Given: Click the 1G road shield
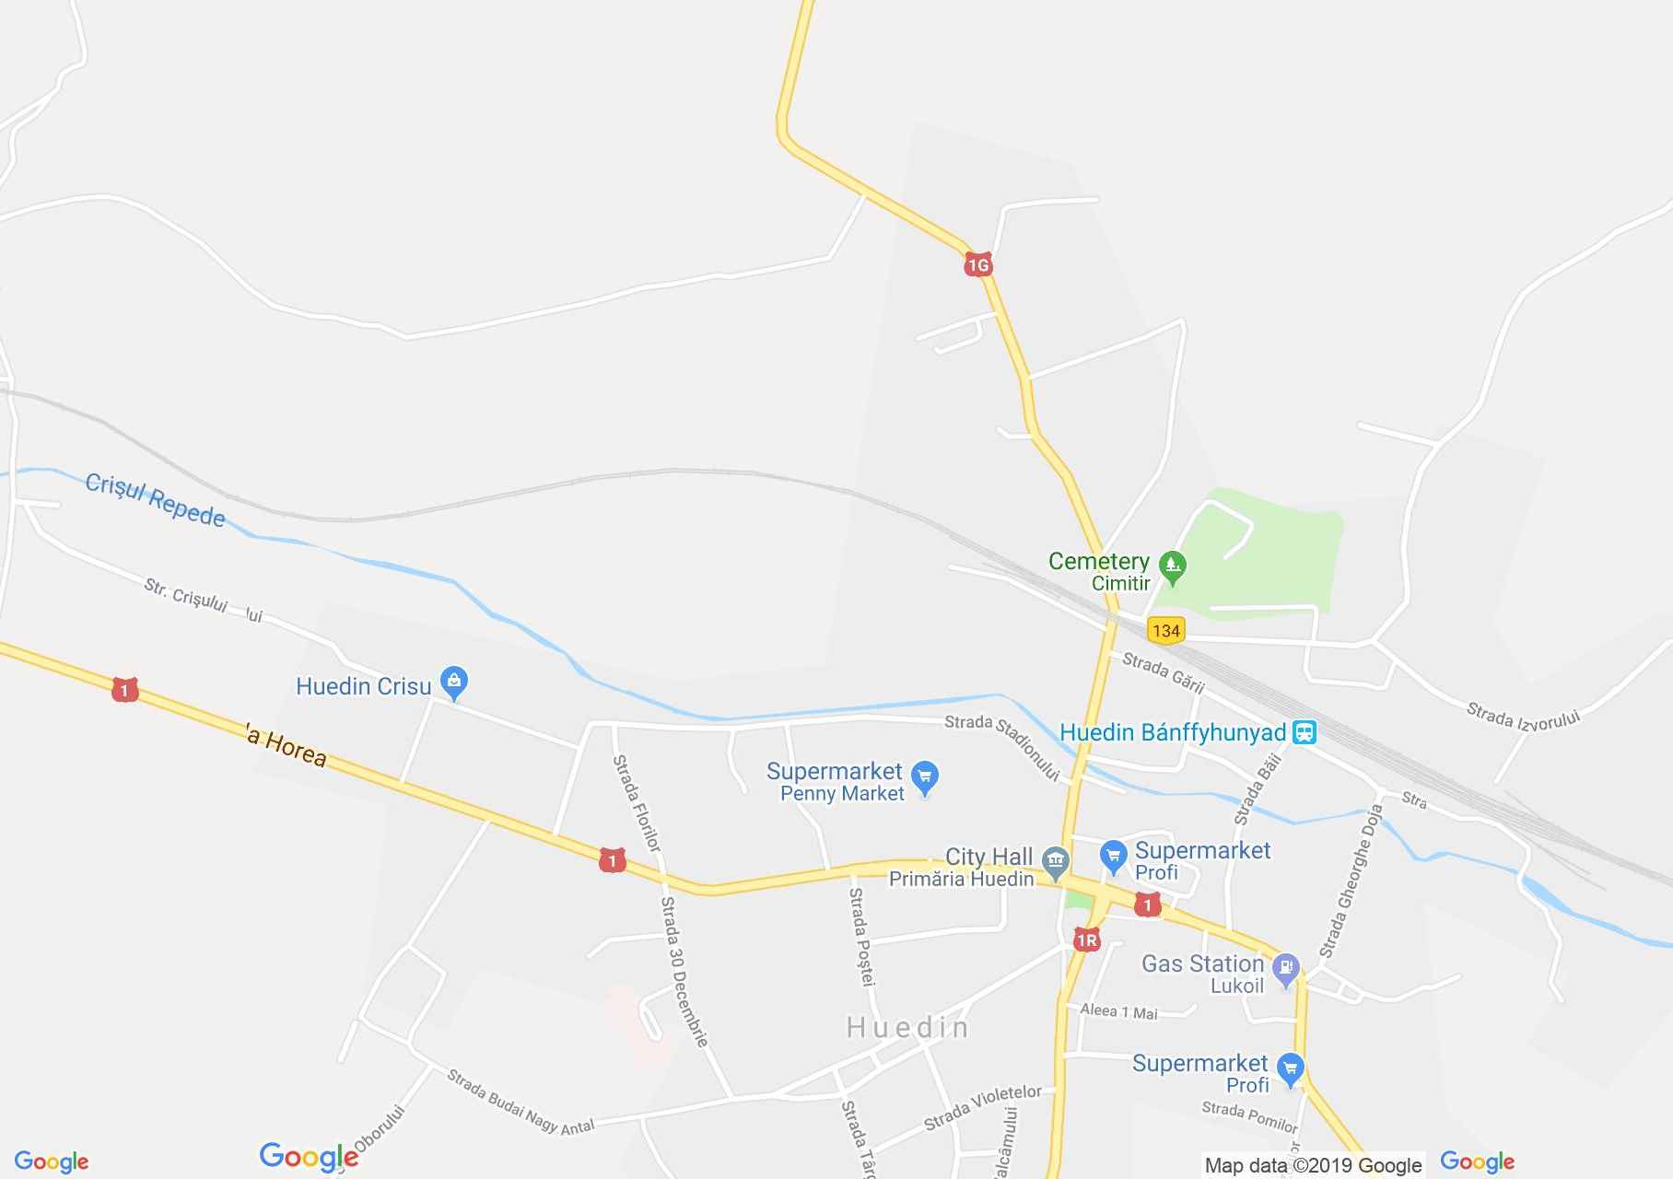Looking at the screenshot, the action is (x=977, y=265).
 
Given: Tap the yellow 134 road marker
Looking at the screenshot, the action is (x=1165, y=631).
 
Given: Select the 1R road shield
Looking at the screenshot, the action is (x=1086, y=940).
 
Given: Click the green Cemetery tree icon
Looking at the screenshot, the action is (x=1172, y=567).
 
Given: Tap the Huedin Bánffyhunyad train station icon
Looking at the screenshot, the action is (x=1304, y=733).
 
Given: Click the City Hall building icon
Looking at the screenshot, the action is (x=1055, y=862).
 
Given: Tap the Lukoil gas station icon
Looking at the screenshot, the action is (x=1284, y=968).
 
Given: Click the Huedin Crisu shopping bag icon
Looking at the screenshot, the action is (x=453, y=683).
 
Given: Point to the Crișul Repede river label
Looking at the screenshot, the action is (x=155, y=500).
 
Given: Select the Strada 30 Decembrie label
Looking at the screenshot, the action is (x=684, y=972).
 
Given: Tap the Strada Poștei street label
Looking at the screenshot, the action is (x=860, y=936).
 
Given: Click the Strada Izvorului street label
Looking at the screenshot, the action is (x=1523, y=716).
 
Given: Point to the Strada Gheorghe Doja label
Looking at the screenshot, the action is (x=1351, y=881).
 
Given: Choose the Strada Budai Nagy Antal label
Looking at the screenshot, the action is (x=521, y=1101).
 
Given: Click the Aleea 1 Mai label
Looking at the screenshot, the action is (x=1118, y=1011).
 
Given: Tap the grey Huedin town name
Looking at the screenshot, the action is (x=907, y=1027).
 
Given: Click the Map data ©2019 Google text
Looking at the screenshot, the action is (x=1313, y=1165).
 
